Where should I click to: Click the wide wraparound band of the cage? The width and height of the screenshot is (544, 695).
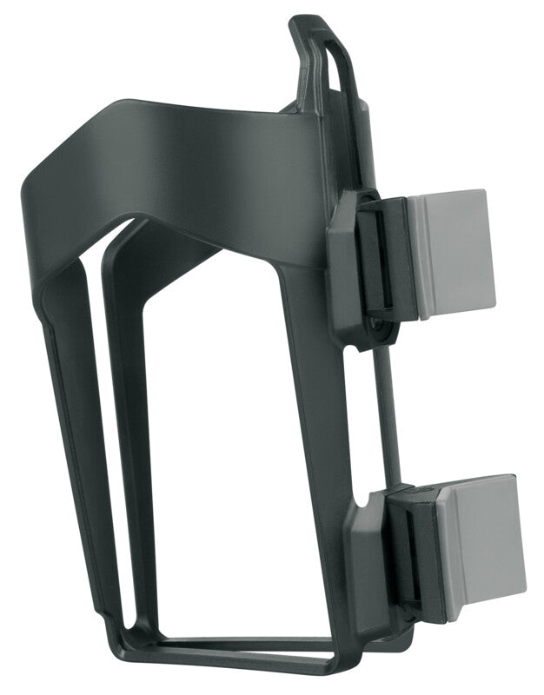pyautogui.click(x=174, y=174)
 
